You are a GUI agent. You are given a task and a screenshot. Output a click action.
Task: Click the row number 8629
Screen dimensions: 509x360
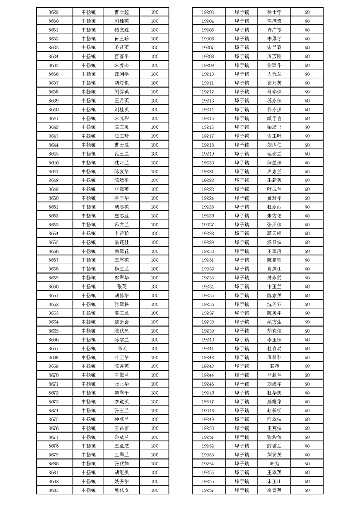[54, 12]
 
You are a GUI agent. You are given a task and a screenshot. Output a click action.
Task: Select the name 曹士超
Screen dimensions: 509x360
[122, 12]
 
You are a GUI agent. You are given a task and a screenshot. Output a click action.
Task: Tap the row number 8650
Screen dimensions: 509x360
[54, 198]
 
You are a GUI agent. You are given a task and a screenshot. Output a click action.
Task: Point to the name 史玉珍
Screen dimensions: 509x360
[122, 136]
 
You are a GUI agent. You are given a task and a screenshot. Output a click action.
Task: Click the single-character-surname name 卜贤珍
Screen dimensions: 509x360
[122, 233]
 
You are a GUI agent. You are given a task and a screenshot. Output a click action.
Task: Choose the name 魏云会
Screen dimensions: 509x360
[122, 322]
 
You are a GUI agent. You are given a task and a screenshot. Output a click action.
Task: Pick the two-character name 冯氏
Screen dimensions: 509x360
[122, 348]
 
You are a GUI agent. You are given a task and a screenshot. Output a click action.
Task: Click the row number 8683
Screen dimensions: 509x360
[54, 490]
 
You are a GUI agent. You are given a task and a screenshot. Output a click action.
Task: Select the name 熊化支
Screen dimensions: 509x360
[122, 490]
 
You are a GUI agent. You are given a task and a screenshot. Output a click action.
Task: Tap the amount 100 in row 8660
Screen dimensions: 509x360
[154, 286]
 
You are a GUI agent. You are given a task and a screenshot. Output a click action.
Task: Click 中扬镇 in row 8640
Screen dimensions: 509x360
[89, 109]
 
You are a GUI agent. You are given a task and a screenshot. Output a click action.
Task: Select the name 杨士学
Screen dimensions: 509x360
[275, 12]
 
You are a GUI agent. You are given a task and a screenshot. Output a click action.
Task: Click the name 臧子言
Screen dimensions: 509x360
[275, 118]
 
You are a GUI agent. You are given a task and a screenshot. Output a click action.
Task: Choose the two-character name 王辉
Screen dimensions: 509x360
[275, 366]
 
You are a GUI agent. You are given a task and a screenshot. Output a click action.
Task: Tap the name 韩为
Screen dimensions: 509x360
[275, 464]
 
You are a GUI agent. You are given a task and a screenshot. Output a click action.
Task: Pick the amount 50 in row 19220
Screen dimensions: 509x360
[307, 162]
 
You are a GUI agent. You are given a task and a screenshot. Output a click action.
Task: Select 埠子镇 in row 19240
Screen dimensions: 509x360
[242, 339]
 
